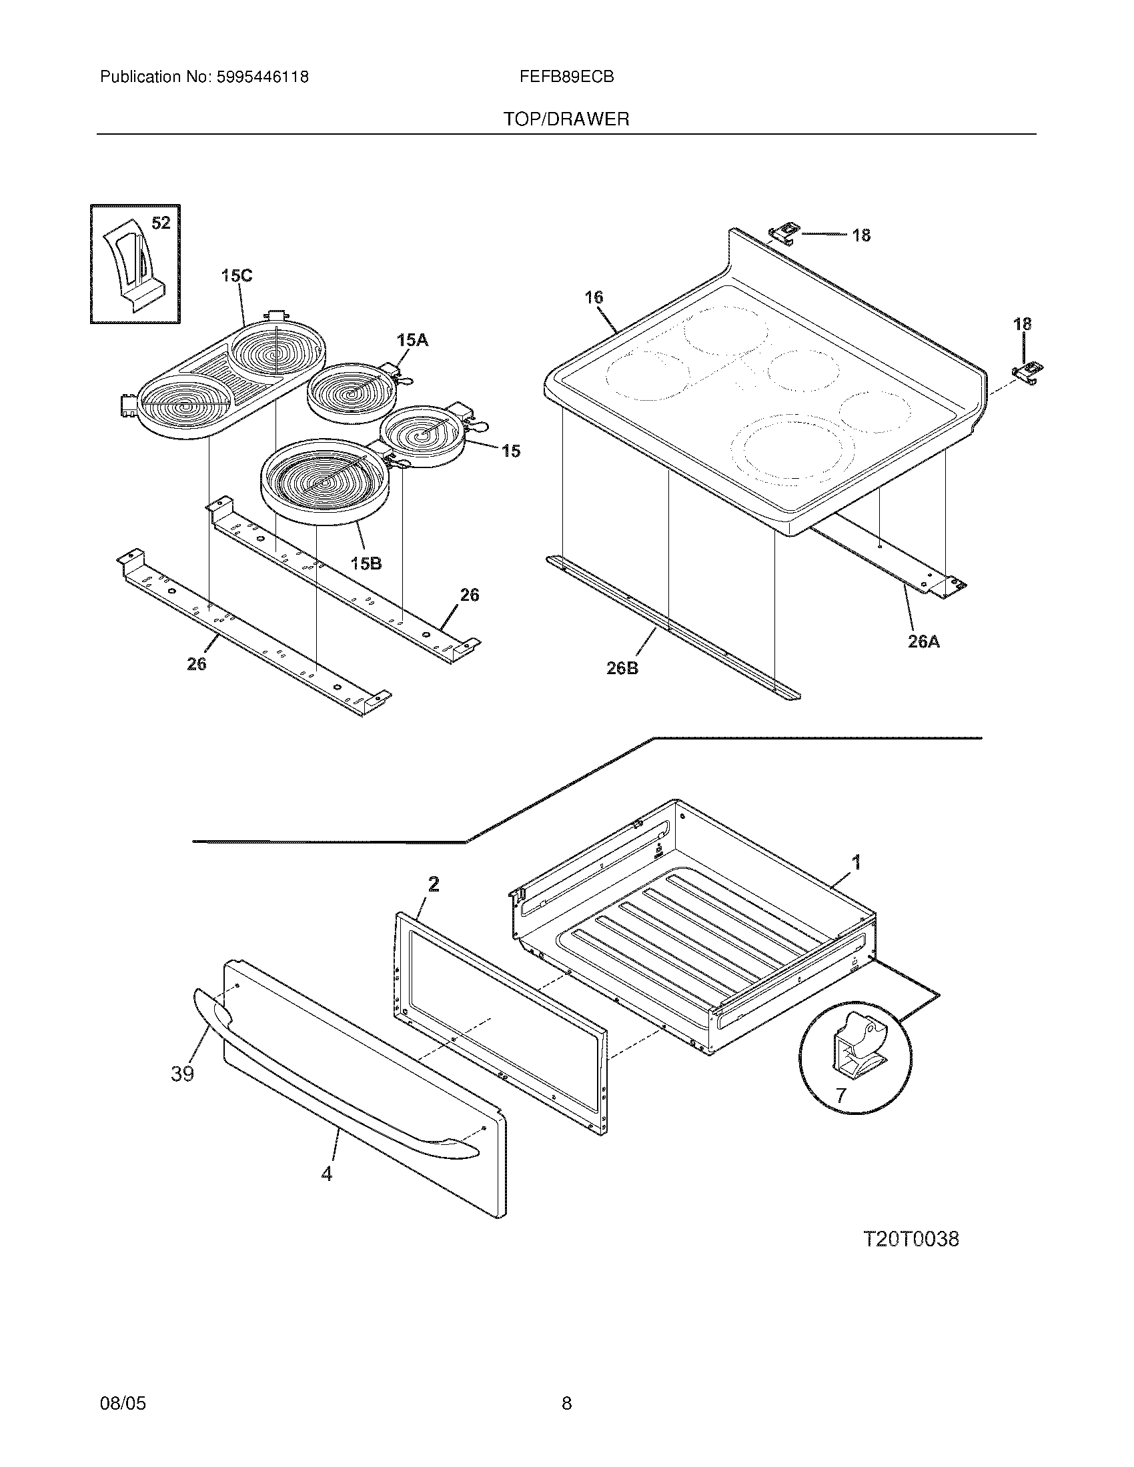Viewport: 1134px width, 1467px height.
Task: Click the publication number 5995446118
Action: click(262, 77)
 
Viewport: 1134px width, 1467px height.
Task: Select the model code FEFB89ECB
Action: click(566, 77)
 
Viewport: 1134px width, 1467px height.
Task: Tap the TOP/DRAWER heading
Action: click(566, 119)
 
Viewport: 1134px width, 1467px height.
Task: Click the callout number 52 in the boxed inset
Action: click(161, 223)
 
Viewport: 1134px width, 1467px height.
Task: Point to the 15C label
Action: click(237, 276)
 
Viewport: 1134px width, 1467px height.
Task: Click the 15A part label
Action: click(412, 341)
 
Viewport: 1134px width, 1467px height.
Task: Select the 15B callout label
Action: click(366, 563)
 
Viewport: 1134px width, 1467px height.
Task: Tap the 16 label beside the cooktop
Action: click(594, 297)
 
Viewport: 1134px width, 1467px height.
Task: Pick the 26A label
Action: click(924, 641)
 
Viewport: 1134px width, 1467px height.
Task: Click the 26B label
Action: click(622, 668)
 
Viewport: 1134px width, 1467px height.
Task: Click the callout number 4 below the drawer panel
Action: click(326, 1174)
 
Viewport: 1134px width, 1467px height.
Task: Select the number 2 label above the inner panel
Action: click(434, 885)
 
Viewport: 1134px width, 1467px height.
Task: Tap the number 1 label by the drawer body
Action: click(856, 862)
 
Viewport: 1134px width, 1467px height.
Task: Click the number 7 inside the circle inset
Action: click(840, 1096)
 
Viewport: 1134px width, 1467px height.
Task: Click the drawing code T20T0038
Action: click(911, 1239)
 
